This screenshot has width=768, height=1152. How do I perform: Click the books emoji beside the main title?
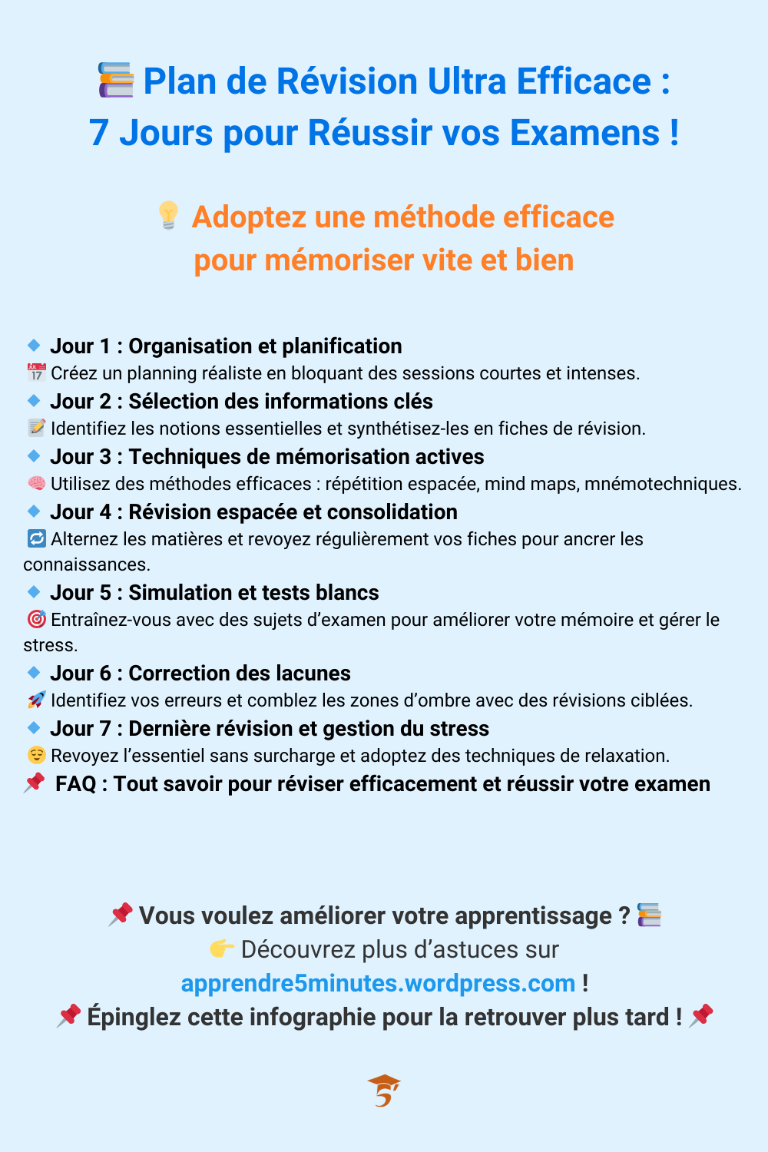pyautogui.click(x=116, y=81)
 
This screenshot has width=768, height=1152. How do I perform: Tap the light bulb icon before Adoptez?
pyautogui.click(x=168, y=215)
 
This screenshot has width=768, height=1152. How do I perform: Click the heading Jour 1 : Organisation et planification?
pyautogui.click(x=226, y=346)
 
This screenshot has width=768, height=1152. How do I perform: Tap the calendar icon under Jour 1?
pyautogui.click(x=36, y=373)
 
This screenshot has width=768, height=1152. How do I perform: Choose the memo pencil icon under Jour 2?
pyautogui.click(x=36, y=428)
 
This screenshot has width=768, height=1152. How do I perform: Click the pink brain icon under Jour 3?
pyautogui.click(x=36, y=483)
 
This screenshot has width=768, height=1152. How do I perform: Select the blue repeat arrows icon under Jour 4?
pyautogui.click(x=36, y=539)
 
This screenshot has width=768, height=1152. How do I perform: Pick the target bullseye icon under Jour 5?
pyautogui.click(x=36, y=619)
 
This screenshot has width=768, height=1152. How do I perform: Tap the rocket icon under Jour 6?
pyautogui.click(x=36, y=700)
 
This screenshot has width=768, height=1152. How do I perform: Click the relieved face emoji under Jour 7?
pyautogui.click(x=36, y=755)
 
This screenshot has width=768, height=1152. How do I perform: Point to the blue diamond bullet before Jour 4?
pyautogui.click(x=34, y=511)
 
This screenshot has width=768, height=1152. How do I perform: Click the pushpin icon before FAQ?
pyautogui.click(x=35, y=783)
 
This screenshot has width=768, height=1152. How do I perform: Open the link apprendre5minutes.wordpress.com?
pyautogui.click(x=378, y=983)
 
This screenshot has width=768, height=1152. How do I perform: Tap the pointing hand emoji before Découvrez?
pyautogui.click(x=222, y=949)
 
